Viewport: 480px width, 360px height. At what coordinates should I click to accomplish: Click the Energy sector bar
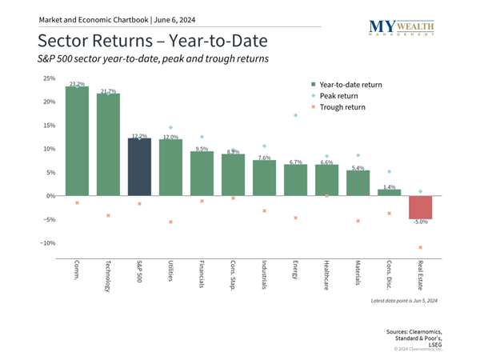[x=295, y=180]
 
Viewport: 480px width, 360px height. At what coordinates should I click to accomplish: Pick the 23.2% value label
[x=77, y=83]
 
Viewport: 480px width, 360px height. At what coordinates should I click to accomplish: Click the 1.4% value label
[x=389, y=186]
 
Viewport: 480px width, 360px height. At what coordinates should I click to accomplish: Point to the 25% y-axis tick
[x=49, y=78]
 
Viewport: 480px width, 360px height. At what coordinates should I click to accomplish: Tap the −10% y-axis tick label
[x=47, y=243]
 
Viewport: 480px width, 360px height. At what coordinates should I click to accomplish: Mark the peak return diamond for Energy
[x=295, y=115]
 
